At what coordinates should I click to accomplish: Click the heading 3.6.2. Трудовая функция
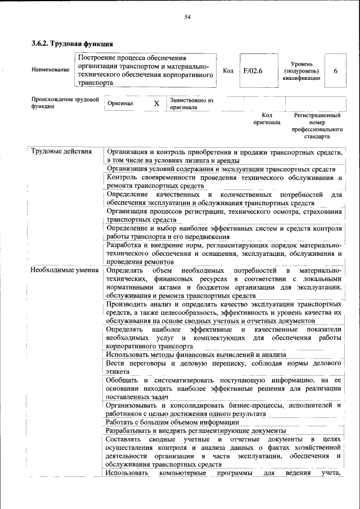coord(73,43)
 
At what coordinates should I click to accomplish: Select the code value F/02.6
coord(253,70)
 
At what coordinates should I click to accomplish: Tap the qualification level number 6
coord(335,70)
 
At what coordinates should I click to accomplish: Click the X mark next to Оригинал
coord(157,103)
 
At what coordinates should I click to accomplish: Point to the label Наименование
coord(51,70)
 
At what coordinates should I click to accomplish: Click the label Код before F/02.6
coord(228,70)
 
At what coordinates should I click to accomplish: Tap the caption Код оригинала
coord(267,118)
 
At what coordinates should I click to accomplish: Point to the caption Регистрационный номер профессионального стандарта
coord(317,125)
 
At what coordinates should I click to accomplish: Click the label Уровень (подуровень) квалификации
coord(301,71)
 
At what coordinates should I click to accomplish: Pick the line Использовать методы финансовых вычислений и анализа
coord(196,354)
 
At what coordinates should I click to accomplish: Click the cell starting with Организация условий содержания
coord(221,169)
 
